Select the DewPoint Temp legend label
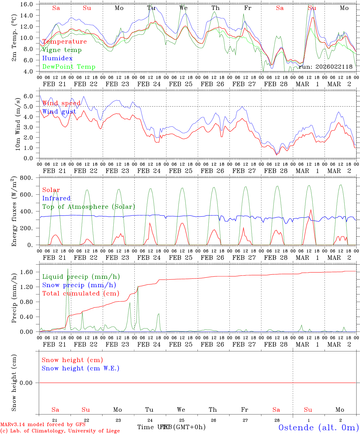[69, 67]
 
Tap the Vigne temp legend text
[62, 50]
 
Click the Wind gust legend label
[59, 112]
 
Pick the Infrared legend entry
[56, 198]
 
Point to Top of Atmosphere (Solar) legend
[89, 207]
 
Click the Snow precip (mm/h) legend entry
[79, 285]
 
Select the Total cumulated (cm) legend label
[81, 294]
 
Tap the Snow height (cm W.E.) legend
[81, 368]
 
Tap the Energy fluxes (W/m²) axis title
[14, 211]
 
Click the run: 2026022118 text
[326, 67]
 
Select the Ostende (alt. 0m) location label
[318, 427]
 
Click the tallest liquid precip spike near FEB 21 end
[68, 269]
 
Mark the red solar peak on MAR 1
[311, 210]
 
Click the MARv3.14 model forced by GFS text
[43, 424]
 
